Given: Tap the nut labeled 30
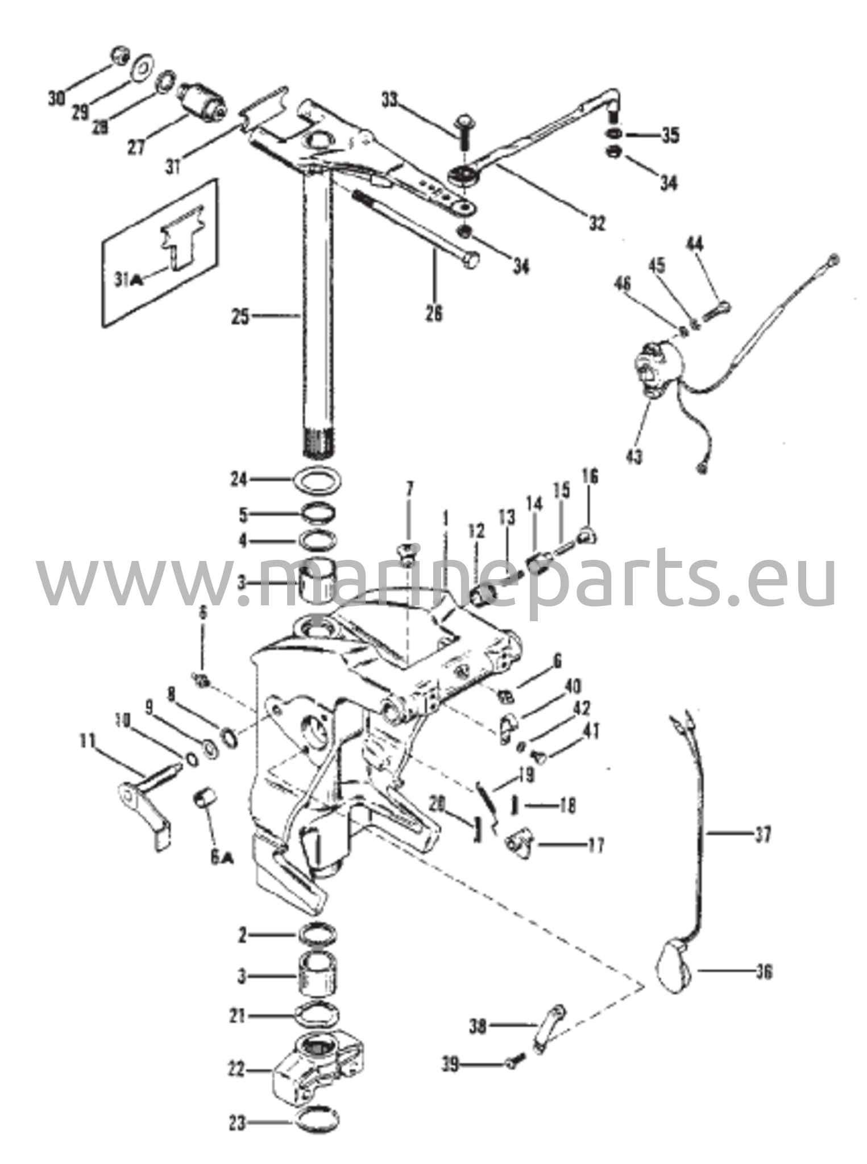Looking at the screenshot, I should point(119,56).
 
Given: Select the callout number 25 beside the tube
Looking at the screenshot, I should point(240,316).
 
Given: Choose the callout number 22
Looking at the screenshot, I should point(237,1070).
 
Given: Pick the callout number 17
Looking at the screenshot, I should point(595,845).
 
